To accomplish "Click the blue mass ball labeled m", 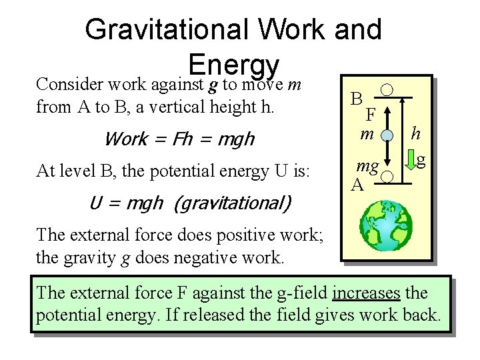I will pos(387,136).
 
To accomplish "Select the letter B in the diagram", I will pos(357,99).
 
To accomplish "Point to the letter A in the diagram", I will pos(357,185).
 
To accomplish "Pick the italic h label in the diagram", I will pos(415,133).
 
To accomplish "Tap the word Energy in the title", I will pos(233,65).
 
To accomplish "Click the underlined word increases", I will pos(365,292).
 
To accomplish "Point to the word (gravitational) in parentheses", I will pos(231,202).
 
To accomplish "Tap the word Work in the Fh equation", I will pos(127,139).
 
